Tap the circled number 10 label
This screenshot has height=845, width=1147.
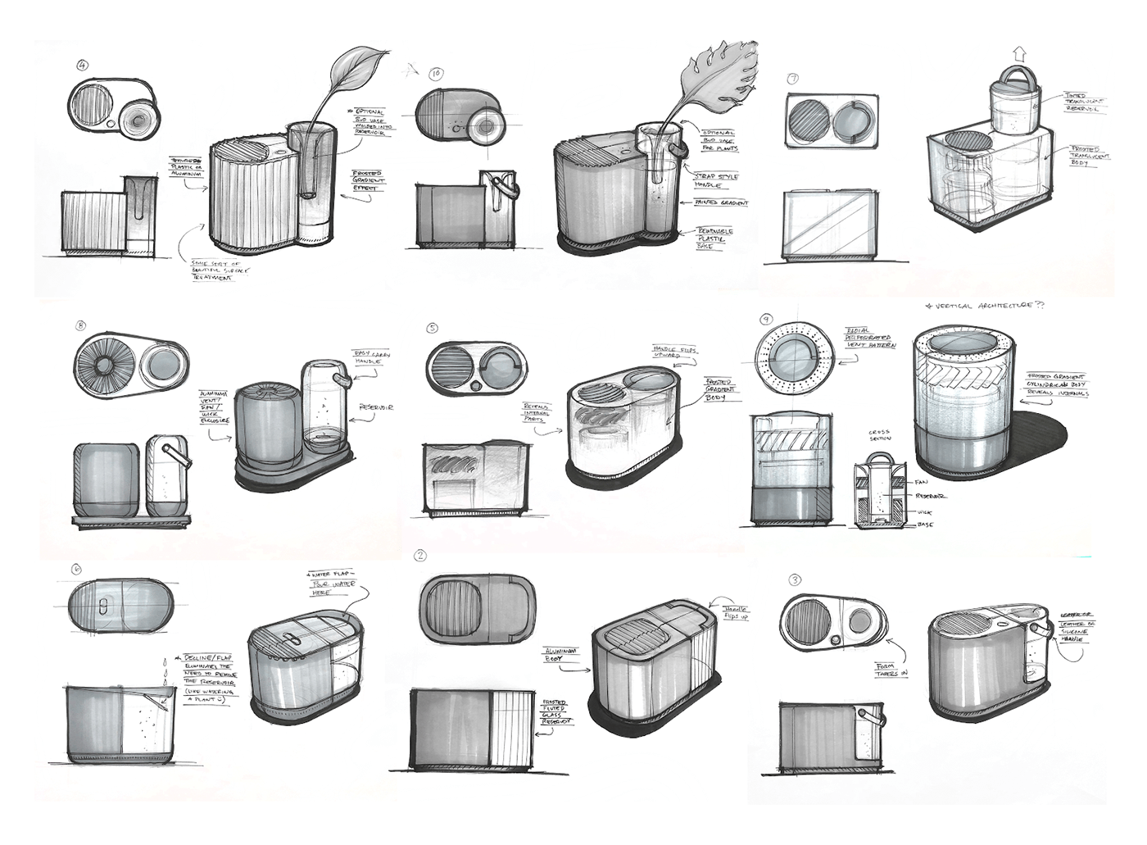(x=436, y=74)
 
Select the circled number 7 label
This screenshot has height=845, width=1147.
(x=793, y=80)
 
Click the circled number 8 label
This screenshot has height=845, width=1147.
(x=80, y=326)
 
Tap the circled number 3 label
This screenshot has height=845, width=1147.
(x=795, y=580)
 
